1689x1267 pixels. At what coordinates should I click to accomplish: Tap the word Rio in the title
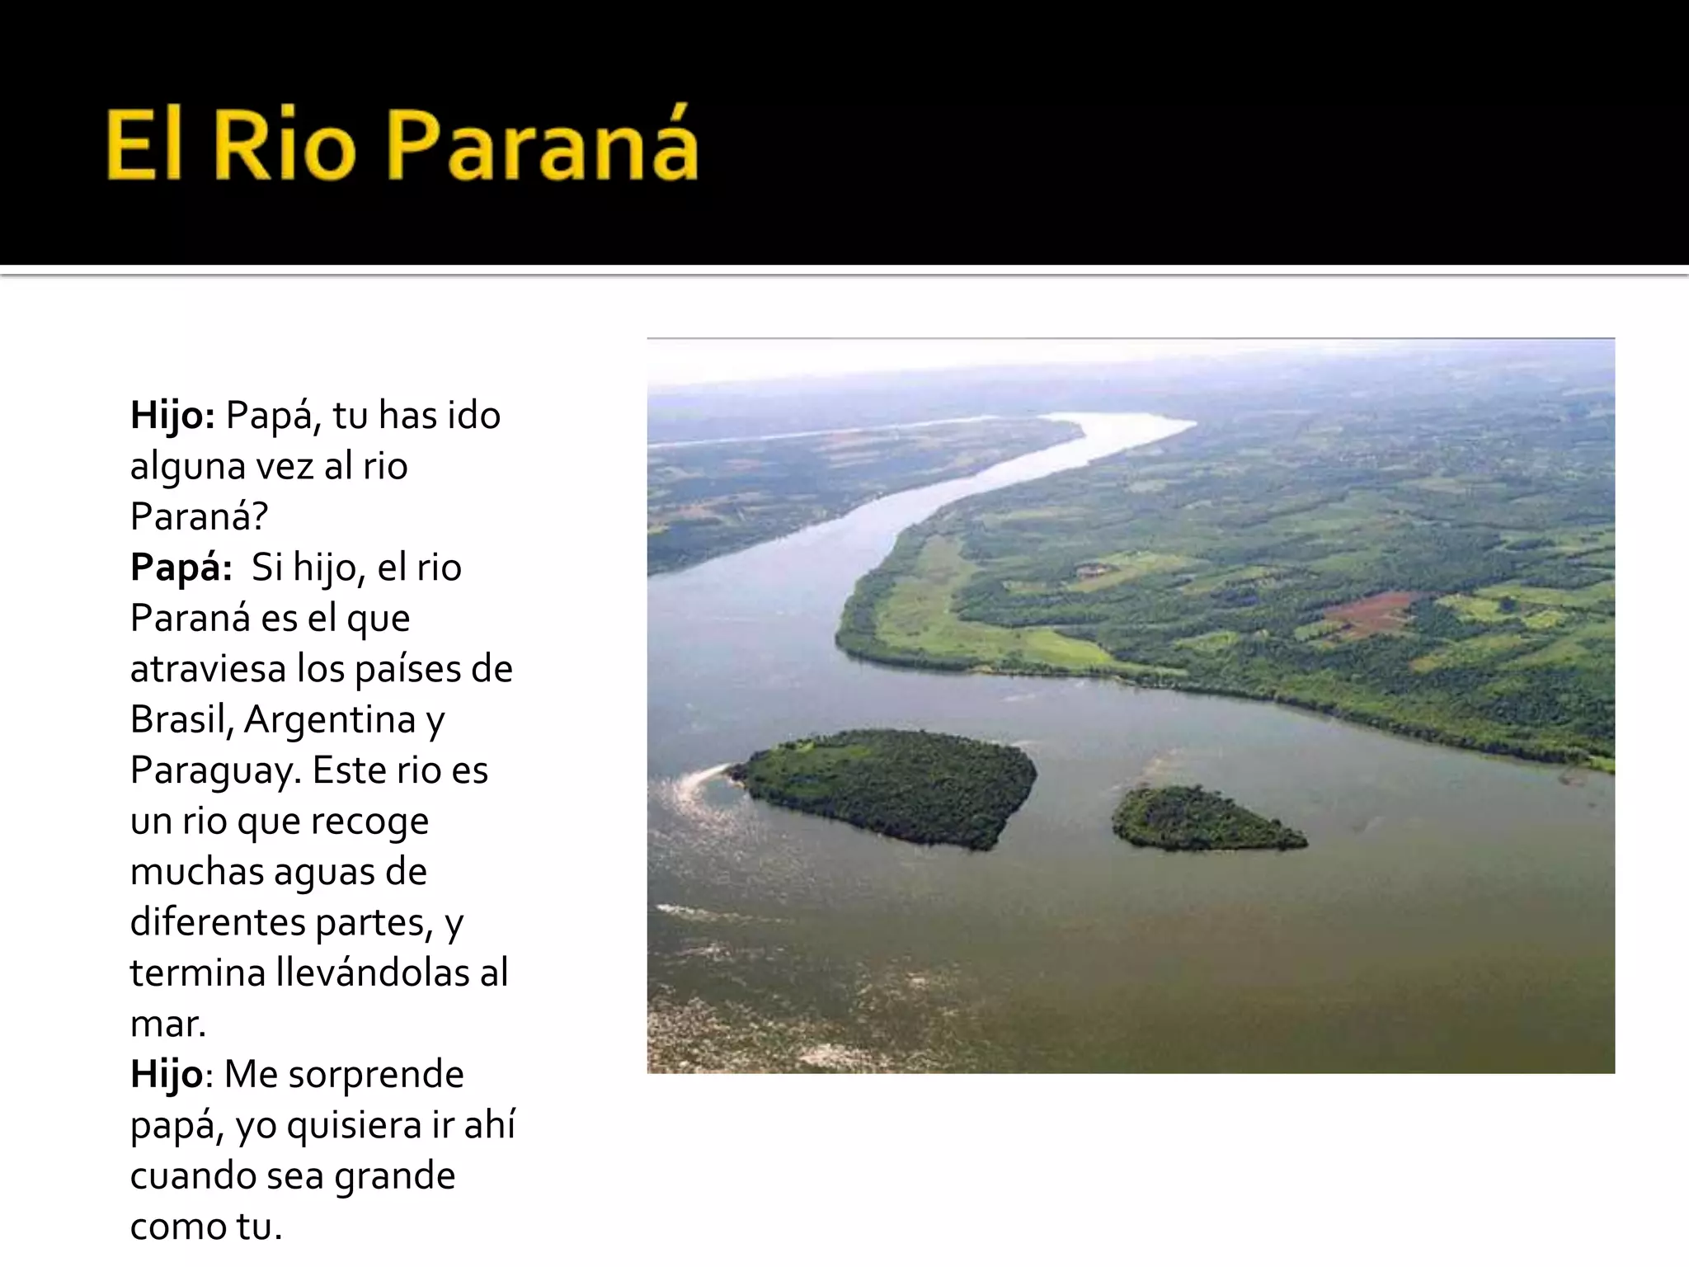pyautogui.click(x=285, y=147)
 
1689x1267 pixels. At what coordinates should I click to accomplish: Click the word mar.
pyautogui.click(x=167, y=1024)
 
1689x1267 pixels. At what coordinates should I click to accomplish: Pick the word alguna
pyautogui.click(x=187, y=467)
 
